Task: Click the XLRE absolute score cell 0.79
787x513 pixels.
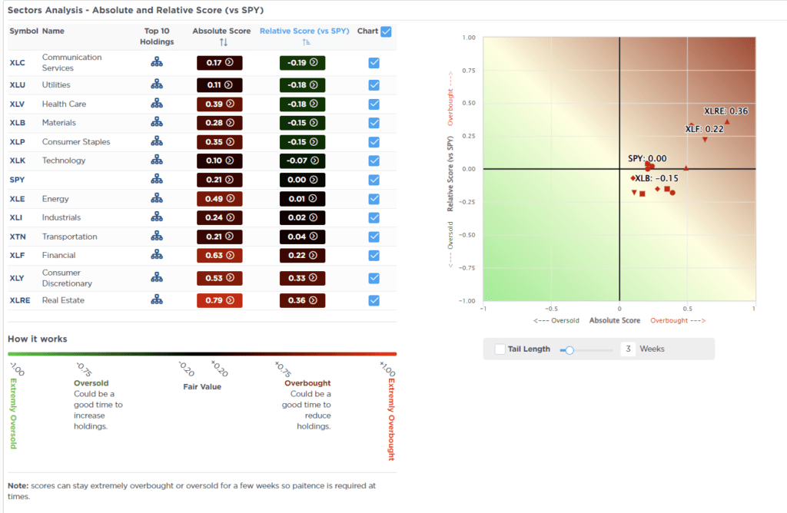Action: click(220, 300)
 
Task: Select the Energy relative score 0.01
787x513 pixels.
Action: click(302, 198)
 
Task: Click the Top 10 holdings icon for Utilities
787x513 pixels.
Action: click(157, 84)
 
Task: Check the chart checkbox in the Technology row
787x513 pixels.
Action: click(374, 161)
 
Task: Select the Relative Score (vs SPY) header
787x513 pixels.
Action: click(304, 31)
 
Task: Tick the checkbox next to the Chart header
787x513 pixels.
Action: click(386, 31)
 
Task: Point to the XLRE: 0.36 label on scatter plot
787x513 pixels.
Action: click(726, 111)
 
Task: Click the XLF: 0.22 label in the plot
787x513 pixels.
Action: click(704, 129)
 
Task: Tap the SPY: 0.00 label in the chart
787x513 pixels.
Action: click(647, 158)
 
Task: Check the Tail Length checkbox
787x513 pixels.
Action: click(500, 349)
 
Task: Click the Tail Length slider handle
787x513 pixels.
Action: click(569, 349)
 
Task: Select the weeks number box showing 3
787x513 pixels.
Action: click(628, 349)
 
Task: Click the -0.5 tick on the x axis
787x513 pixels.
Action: click(550, 308)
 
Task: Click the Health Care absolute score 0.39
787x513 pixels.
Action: click(220, 104)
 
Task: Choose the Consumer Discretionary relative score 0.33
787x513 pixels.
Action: click(302, 277)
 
